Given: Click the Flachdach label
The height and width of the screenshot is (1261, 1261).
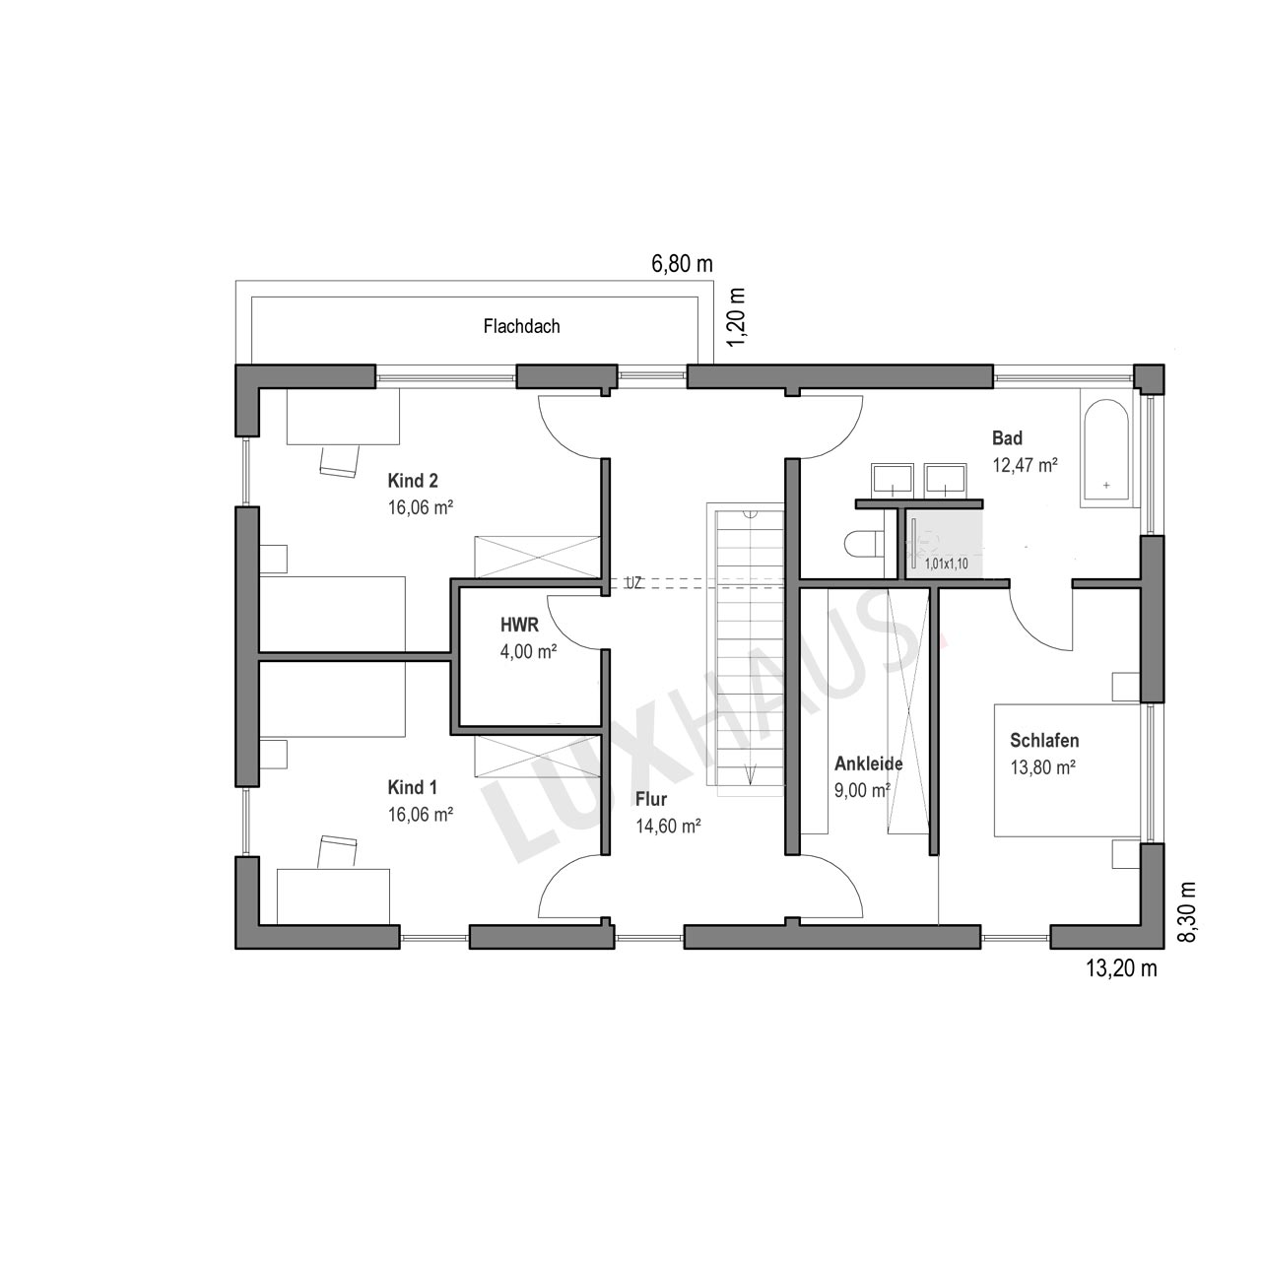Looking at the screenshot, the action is (521, 326).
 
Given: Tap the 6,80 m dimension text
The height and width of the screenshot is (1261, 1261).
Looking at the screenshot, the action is (682, 264).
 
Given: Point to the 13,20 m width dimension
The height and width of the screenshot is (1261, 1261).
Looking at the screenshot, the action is (1122, 967).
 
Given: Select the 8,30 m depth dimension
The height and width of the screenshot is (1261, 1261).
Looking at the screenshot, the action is (1186, 911).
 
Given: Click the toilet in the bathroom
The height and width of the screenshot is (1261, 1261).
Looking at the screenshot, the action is (864, 543).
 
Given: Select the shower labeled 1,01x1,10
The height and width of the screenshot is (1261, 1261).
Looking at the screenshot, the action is (945, 545).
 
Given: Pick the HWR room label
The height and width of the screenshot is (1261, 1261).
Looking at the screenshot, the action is (519, 625).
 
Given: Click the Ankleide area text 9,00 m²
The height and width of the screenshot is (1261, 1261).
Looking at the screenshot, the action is (862, 790).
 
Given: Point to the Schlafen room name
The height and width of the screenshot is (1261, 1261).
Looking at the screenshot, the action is (1044, 740).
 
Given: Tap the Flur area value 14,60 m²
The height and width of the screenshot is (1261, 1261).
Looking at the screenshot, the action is (668, 826).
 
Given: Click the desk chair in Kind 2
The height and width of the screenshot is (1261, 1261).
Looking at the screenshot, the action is (340, 460).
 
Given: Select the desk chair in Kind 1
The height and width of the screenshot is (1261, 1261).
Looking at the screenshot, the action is (338, 852).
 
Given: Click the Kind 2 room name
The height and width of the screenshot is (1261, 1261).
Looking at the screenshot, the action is (413, 481).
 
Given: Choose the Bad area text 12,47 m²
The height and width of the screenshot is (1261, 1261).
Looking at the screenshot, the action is (1026, 465).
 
